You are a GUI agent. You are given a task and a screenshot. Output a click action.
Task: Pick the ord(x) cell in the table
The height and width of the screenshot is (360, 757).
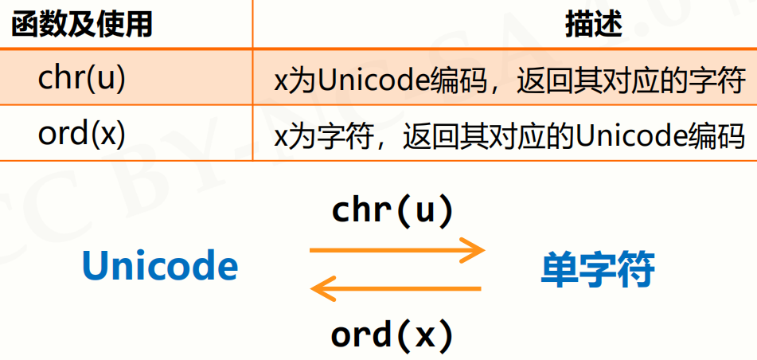pos(82,132)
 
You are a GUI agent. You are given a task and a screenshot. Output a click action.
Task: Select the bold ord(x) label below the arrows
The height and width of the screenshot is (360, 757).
pos(392,335)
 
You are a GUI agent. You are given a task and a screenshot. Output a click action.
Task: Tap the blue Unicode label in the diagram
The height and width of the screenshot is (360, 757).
pos(159,267)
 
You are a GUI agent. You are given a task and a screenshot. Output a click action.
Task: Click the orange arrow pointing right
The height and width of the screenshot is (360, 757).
pos(396,251)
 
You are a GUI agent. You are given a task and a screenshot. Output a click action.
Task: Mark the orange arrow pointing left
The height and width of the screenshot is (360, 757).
pos(396,289)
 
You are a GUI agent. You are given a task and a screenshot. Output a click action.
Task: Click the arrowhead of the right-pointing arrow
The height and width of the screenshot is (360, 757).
pos(474,251)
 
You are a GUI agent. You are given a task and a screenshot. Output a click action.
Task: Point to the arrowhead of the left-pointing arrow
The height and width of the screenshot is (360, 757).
pos(320,289)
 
